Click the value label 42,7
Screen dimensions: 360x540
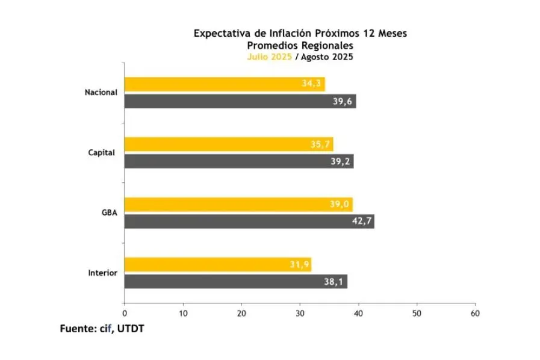click(x=362, y=222)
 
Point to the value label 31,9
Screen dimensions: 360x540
click(x=298, y=264)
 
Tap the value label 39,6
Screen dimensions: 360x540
click(x=344, y=101)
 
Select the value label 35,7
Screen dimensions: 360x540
click(x=320, y=144)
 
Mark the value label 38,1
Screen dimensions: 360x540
click(x=335, y=281)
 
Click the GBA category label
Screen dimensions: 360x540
click(x=109, y=213)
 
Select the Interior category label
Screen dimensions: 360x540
click(x=102, y=273)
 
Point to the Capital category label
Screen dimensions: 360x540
click(x=102, y=152)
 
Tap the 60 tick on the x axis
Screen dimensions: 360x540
click(x=475, y=314)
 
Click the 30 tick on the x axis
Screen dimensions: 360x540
click(x=300, y=314)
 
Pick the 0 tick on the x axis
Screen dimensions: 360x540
click(x=125, y=314)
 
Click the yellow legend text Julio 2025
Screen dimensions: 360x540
click(x=269, y=57)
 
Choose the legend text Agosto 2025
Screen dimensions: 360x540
click(x=326, y=57)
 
